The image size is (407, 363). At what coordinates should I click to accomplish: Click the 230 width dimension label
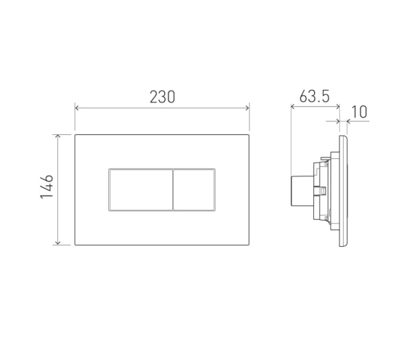point(162,97)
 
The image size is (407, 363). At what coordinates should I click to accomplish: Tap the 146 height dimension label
point(47,187)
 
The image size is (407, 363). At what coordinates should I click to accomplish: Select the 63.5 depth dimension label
point(314,96)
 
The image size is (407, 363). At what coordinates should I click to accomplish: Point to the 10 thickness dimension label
point(359,112)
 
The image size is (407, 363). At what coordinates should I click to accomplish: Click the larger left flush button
point(141,189)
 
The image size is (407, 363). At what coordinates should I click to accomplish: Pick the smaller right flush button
point(194,189)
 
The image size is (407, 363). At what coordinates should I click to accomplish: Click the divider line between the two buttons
point(173,189)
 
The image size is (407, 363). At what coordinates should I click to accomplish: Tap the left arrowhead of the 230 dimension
point(76,108)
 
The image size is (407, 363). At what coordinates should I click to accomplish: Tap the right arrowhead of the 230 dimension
point(247,108)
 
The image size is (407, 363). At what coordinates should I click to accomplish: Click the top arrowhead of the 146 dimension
point(58,136)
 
